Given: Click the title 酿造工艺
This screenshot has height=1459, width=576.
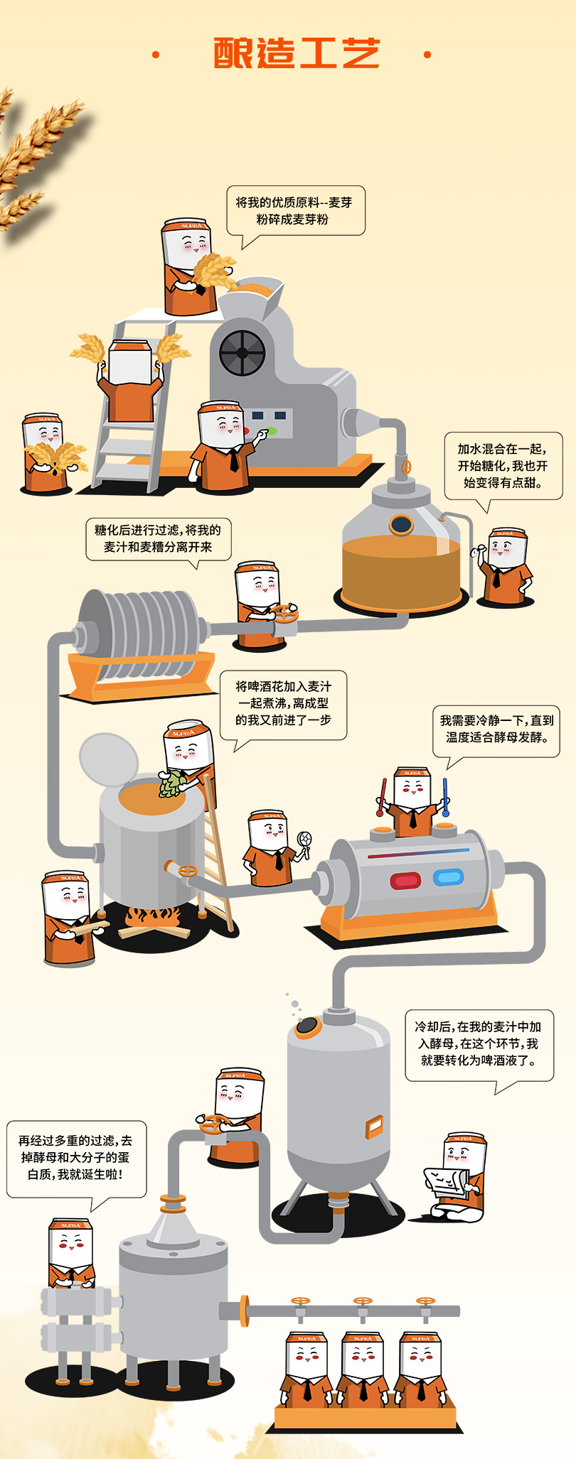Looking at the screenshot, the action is pos(297,54).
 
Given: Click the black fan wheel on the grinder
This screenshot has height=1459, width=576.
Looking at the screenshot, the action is pos(242,352).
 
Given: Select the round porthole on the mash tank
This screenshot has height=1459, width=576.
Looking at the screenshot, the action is pos(401,525).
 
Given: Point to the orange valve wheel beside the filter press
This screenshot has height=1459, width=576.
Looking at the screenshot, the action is pos(284,612).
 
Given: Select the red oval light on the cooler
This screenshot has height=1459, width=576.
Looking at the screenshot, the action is pos(405,881).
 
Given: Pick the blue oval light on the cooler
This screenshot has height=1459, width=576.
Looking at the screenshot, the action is pos(448,878).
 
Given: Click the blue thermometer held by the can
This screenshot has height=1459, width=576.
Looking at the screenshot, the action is pos(445,796).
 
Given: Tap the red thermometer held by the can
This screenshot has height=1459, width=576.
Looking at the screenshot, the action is pos(382,797).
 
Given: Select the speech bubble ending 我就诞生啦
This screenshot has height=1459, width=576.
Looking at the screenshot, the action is pos(77,1165).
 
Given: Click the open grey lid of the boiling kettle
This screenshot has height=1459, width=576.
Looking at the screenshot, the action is pos(109,759).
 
